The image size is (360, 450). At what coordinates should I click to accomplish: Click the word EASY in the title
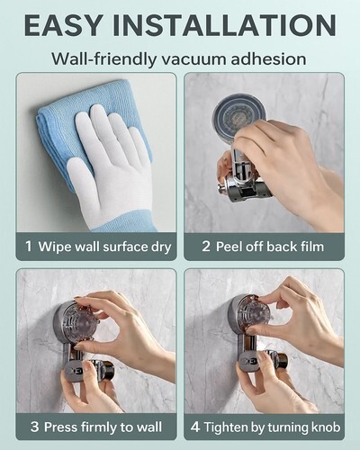(x=63, y=25)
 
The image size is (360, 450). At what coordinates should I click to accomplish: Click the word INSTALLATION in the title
(x=224, y=25)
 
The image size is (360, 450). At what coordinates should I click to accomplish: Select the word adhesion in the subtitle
(x=268, y=58)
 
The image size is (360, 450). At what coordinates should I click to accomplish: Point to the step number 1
(x=29, y=247)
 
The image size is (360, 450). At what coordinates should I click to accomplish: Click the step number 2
(x=206, y=247)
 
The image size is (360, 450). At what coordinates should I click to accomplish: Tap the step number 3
(x=34, y=427)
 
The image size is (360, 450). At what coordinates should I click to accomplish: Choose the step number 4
(x=195, y=427)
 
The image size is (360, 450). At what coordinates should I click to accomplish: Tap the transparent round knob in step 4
(x=253, y=315)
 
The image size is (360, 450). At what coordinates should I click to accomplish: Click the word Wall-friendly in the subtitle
(x=103, y=58)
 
